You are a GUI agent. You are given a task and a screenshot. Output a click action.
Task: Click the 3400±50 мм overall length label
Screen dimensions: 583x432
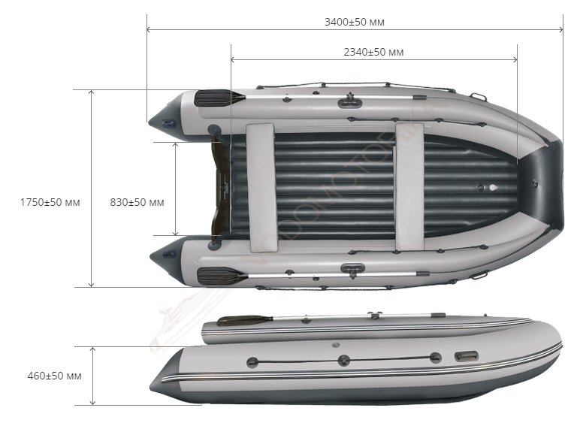(x=355, y=22)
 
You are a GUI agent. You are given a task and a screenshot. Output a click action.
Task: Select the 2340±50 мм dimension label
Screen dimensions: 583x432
(x=373, y=52)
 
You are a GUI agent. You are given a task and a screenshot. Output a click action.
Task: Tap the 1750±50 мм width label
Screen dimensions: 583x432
(x=50, y=202)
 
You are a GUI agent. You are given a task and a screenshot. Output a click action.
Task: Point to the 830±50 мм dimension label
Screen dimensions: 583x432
(x=137, y=202)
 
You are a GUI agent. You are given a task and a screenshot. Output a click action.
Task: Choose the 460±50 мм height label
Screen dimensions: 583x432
(x=54, y=376)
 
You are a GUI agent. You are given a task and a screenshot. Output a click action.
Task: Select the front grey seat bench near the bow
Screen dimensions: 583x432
(x=409, y=186)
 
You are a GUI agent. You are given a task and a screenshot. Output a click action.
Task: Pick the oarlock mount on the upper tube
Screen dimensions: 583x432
(x=349, y=102)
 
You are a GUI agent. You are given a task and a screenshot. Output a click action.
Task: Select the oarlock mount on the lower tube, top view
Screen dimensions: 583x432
(x=352, y=269)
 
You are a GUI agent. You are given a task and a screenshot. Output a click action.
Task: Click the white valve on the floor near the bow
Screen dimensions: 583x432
(x=493, y=187)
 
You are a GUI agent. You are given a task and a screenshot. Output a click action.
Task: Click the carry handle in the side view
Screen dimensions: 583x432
(x=467, y=356)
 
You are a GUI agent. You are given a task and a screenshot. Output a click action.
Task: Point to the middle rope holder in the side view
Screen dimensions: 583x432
(x=343, y=360)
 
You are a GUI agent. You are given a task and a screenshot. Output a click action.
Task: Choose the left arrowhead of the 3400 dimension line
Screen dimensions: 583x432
(x=149, y=29)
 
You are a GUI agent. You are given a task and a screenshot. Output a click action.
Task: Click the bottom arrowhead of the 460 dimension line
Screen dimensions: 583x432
(x=93, y=402)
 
